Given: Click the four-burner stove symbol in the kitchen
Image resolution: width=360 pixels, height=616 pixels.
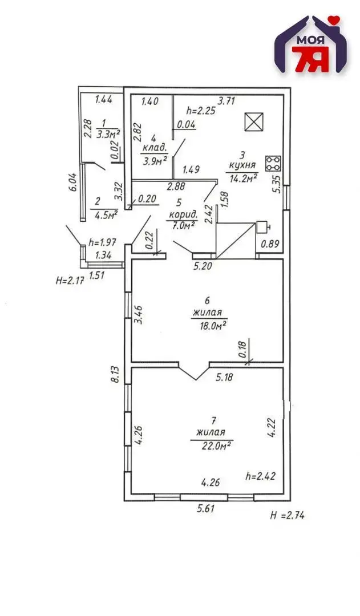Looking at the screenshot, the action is click(x=273, y=164).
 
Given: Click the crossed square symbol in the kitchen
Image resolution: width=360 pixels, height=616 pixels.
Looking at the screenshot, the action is click(x=253, y=122).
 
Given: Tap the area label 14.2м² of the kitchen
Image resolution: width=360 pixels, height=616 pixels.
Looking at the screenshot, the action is click(x=244, y=177).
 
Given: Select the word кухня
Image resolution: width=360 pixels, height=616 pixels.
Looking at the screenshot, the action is click(x=241, y=165).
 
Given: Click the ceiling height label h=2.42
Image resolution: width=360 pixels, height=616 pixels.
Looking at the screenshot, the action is click(x=261, y=476).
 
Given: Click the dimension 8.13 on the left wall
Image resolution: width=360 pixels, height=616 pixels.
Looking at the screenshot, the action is click(x=115, y=374).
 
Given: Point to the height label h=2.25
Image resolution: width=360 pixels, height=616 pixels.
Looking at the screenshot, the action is click(x=201, y=111).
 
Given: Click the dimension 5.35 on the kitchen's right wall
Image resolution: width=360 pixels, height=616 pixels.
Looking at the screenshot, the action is click(x=278, y=184).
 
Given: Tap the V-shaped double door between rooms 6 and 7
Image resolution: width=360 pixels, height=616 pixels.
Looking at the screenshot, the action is click(x=195, y=371).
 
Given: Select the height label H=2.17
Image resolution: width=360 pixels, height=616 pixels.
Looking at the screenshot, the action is click(x=71, y=281).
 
